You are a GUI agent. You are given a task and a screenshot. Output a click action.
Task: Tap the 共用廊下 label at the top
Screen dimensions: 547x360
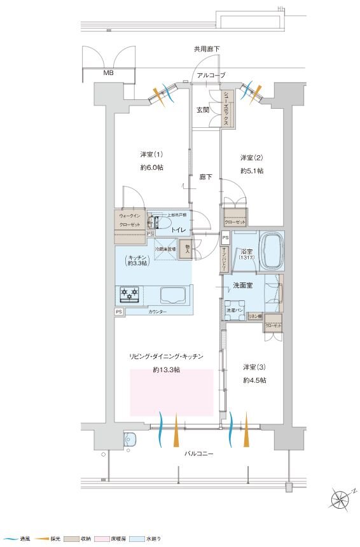coord(208,48)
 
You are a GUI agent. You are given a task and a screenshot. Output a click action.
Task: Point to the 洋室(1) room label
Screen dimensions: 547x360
coord(151,155)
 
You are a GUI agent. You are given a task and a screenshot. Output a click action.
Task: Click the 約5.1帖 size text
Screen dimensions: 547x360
coord(253,171)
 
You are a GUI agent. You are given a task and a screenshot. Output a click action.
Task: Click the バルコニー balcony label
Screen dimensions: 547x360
coord(199,454)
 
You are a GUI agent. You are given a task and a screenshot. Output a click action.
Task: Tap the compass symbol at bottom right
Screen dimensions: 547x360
coord(342,497)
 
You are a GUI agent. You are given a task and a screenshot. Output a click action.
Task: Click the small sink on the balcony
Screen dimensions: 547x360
coord(130,439)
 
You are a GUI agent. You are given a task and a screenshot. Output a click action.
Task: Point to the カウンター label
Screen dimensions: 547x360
coord(158,312)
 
